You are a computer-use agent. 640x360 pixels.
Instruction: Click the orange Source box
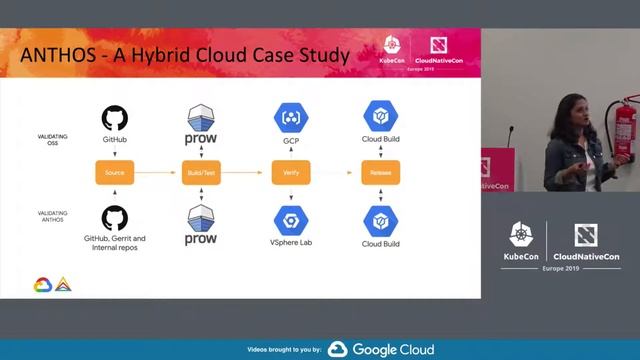(x=114, y=173)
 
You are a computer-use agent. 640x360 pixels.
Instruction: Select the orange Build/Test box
(x=201, y=173)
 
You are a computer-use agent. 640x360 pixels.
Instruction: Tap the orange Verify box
(x=292, y=173)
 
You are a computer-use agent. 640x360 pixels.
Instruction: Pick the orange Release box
(x=381, y=173)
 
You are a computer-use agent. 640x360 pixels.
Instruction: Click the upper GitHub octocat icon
(x=115, y=118)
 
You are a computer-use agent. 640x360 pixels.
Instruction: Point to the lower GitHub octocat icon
(x=115, y=218)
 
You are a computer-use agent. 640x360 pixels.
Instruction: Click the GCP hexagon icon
(x=291, y=118)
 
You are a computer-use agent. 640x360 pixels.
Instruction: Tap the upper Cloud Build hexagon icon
(x=380, y=117)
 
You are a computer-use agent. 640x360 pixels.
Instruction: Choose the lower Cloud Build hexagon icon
(x=380, y=219)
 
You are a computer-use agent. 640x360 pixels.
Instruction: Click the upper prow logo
(x=202, y=124)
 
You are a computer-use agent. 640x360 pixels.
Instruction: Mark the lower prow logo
(x=202, y=226)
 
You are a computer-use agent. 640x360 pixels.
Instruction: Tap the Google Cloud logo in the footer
(x=381, y=349)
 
